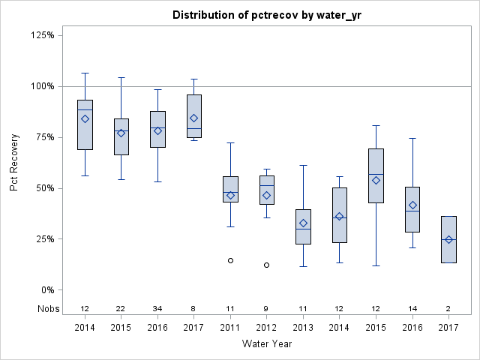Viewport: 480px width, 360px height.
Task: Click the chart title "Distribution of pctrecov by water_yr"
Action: [267, 15]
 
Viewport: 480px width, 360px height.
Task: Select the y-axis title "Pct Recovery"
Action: [15, 163]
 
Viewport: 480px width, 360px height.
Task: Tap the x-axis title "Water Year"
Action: [267, 343]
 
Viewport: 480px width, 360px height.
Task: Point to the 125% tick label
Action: [41, 35]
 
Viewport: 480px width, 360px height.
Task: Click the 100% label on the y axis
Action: [41, 86]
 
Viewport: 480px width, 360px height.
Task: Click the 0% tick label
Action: [46, 290]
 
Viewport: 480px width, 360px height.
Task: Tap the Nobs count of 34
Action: [157, 308]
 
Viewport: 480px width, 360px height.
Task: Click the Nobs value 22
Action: [121, 308]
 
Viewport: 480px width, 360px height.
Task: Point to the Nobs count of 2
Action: [448, 308]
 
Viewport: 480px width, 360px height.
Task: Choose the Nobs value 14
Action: [412, 308]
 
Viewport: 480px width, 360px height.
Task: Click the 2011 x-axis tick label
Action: [230, 328]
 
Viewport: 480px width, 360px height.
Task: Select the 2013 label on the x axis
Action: [303, 328]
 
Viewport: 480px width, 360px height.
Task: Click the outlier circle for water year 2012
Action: [266, 265]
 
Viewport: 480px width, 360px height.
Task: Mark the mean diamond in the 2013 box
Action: [303, 223]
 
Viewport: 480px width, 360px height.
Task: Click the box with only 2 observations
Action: [448, 239]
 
